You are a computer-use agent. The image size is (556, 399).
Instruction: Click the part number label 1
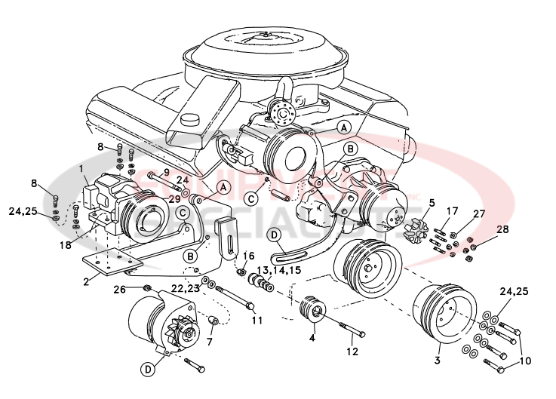coord(81,170)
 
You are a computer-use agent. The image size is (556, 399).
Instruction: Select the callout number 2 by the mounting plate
coord(88,281)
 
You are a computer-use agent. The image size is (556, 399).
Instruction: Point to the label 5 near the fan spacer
coord(432,202)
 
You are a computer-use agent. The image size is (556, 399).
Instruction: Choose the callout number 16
coord(249,256)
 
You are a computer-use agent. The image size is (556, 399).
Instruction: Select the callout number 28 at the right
coord(502,229)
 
